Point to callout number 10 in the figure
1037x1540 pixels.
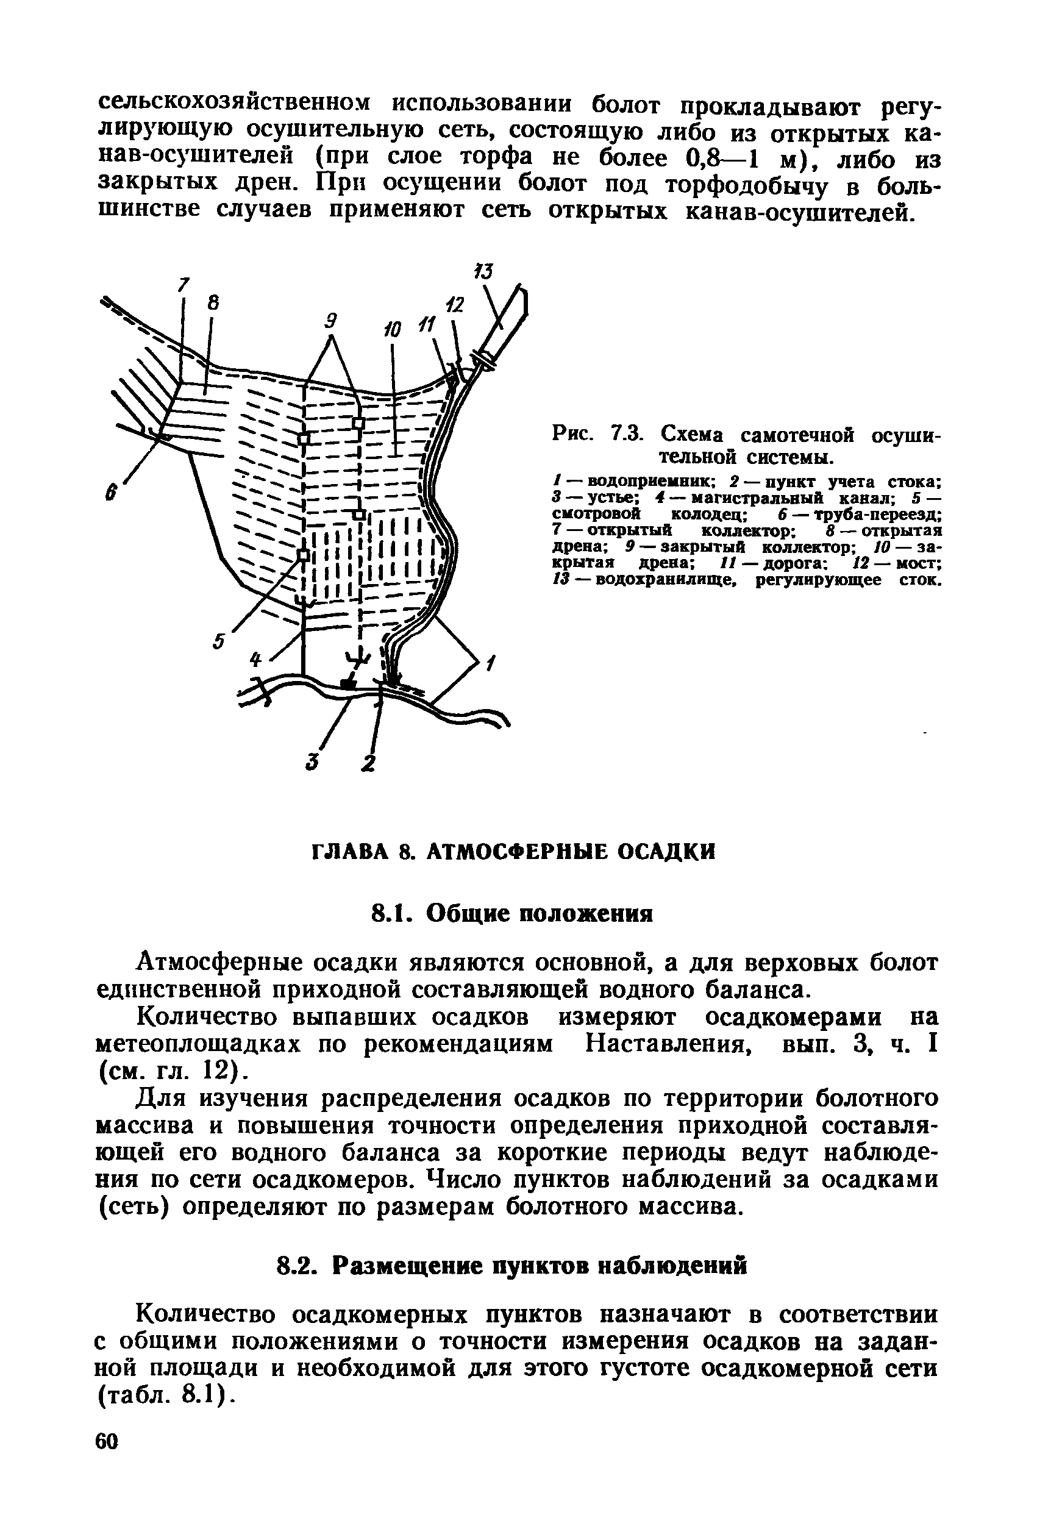tap(393, 329)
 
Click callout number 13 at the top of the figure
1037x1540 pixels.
tap(485, 272)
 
